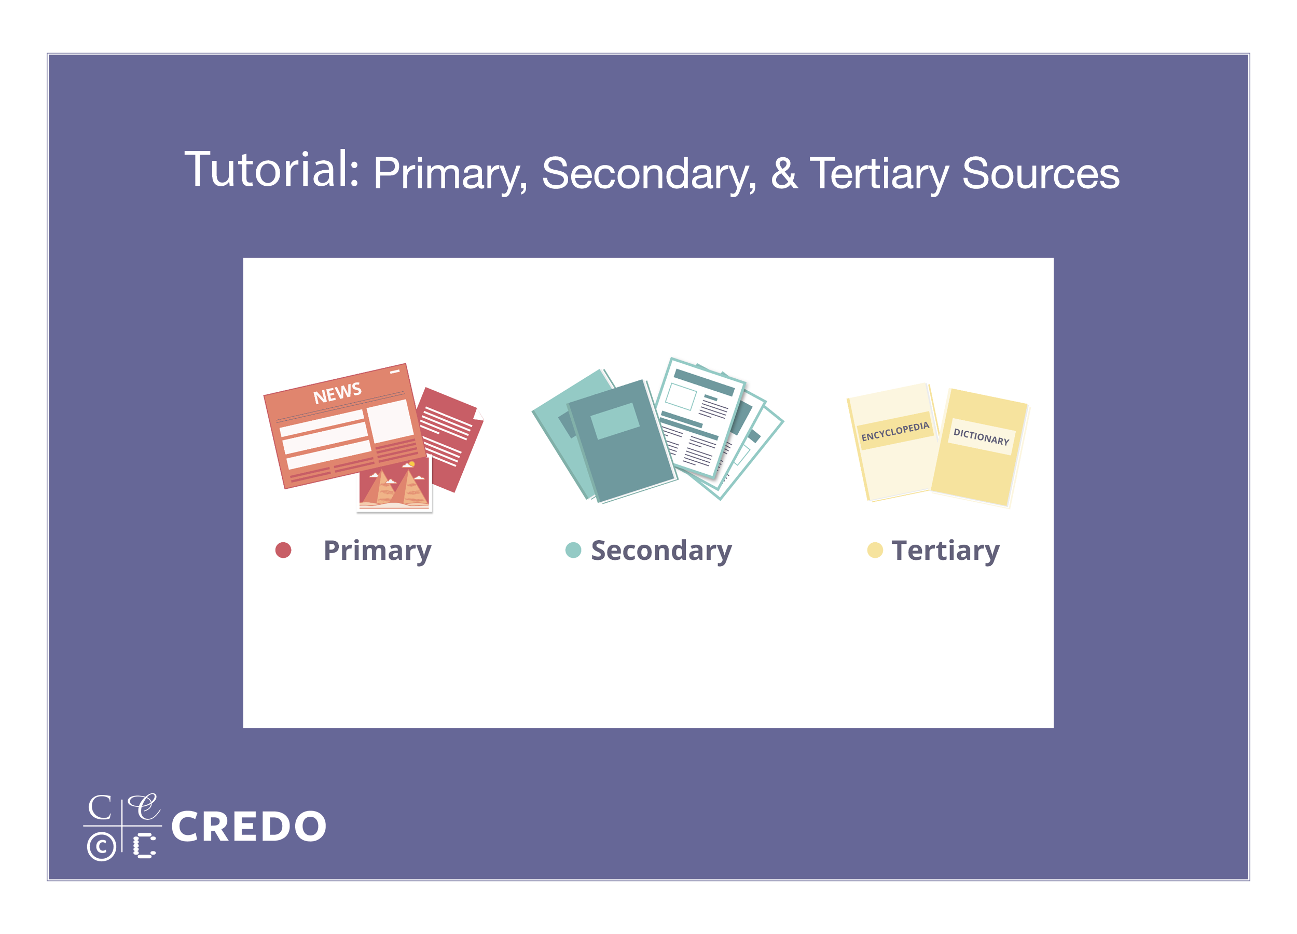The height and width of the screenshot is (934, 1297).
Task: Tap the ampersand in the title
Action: [x=784, y=173]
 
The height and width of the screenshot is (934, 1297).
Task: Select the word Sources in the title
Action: [x=1041, y=173]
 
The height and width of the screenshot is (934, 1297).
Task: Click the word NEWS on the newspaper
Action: [x=337, y=393]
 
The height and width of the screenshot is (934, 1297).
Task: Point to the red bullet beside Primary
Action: [x=283, y=550]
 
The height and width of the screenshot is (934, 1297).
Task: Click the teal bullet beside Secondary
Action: [x=573, y=550]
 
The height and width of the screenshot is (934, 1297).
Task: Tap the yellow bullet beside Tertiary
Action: [x=875, y=550]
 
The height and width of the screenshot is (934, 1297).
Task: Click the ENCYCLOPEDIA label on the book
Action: [x=895, y=431]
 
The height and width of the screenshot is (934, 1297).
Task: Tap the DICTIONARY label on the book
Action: [x=982, y=437]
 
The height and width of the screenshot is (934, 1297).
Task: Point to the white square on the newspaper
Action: [x=390, y=421]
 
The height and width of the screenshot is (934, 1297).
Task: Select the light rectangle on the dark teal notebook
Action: [x=615, y=421]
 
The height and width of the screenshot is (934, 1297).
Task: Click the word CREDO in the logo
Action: [x=249, y=827]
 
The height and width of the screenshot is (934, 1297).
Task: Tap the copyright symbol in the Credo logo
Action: [x=102, y=846]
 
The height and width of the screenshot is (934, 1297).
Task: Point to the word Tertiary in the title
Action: [x=879, y=174]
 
